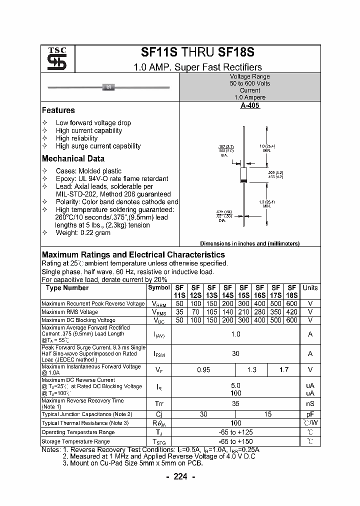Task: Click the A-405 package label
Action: tap(250, 106)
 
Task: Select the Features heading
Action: tap(58, 110)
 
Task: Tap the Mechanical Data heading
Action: tap(73, 158)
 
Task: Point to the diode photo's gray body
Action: tap(108, 87)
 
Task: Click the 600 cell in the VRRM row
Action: tap(292, 304)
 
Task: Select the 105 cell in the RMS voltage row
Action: tap(211, 312)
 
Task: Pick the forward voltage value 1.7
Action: tap(284, 369)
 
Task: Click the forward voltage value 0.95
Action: tap(203, 369)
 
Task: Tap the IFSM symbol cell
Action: tap(158, 353)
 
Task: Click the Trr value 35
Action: tap(235, 403)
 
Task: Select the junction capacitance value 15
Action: tap(268, 414)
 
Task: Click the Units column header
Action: tap(310, 288)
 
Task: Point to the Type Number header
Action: tap(67, 288)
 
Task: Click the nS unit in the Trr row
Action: tap(310, 403)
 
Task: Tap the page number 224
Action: tap(180, 476)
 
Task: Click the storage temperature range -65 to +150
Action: tap(235, 441)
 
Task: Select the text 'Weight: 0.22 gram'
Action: tap(83, 233)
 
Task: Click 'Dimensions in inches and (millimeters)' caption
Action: tap(249, 243)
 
